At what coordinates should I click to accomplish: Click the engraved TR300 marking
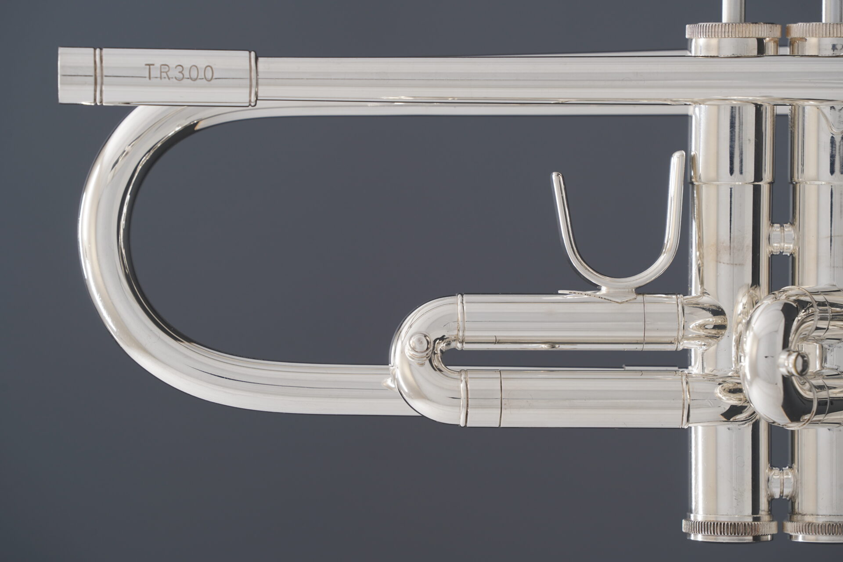pyautogui.click(x=180, y=73)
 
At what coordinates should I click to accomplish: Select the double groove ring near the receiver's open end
pyautogui.click(x=98, y=77)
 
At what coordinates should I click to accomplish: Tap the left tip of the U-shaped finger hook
pyautogui.click(x=556, y=176)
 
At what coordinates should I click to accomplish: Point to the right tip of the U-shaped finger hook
pyautogui.click(x=679, y=155)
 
